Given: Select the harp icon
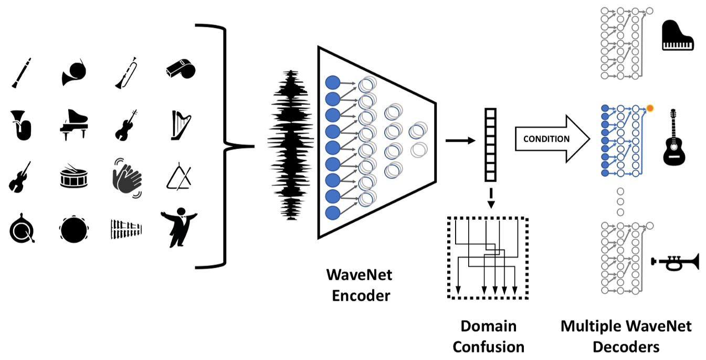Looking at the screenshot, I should click(179, 125).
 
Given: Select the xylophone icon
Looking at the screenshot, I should click(127, 229).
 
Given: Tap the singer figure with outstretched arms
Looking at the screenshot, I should click(179, 226).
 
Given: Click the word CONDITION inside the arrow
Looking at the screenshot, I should click(546, 139).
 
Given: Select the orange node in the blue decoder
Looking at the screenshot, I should click(650, 109).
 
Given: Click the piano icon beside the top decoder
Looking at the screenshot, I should click(678, 36).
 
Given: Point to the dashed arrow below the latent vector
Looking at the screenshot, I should click(490, 198).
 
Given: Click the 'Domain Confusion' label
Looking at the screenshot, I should click(488, 336).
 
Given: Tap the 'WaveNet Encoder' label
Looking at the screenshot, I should click(359, 285).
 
